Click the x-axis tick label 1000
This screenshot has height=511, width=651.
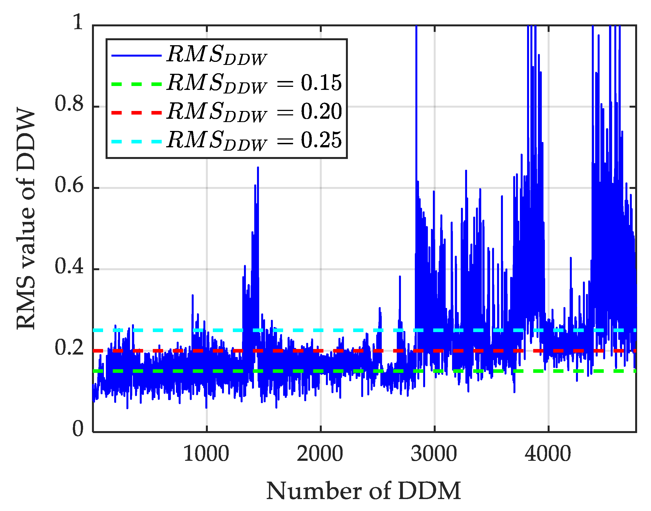coord(206,454)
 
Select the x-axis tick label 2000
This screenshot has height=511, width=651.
coord(320,454)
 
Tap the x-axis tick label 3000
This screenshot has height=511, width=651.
coord(434,454)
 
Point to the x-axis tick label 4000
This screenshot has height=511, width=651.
coord(548,454)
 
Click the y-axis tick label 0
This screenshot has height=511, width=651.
coord(78,428)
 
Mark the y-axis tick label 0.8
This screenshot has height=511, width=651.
coord(69,104)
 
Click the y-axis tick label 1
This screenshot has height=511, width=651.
coord(78,22)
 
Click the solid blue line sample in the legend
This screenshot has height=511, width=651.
coord(136,55)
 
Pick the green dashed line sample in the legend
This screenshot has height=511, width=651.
coord(136,84)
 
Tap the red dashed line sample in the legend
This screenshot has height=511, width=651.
coord(136,113)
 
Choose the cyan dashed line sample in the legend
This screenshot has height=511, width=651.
coord(136,141)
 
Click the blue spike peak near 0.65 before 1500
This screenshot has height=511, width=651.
coord(258,168)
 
